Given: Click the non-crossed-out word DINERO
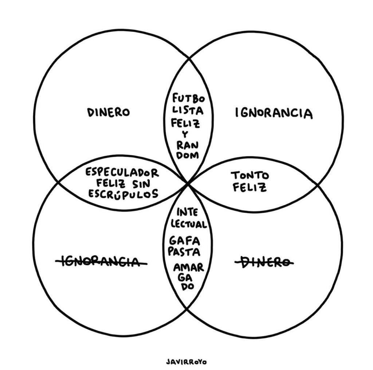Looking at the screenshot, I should (x=108, y=112).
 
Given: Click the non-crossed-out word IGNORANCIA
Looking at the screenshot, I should (x=274, y=113).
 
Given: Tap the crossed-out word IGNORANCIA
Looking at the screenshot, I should (x=101, y=261).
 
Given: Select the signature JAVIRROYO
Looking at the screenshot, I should (x=186, y=362).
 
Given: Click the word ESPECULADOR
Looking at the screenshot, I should (x=122, y=172).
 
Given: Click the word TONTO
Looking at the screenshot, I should (x=250, y=175).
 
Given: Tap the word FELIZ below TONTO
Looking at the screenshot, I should (x=250, y=187).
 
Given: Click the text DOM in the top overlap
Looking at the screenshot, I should (x=187, y=155).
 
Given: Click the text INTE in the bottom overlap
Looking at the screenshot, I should (x=187, y=212).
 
